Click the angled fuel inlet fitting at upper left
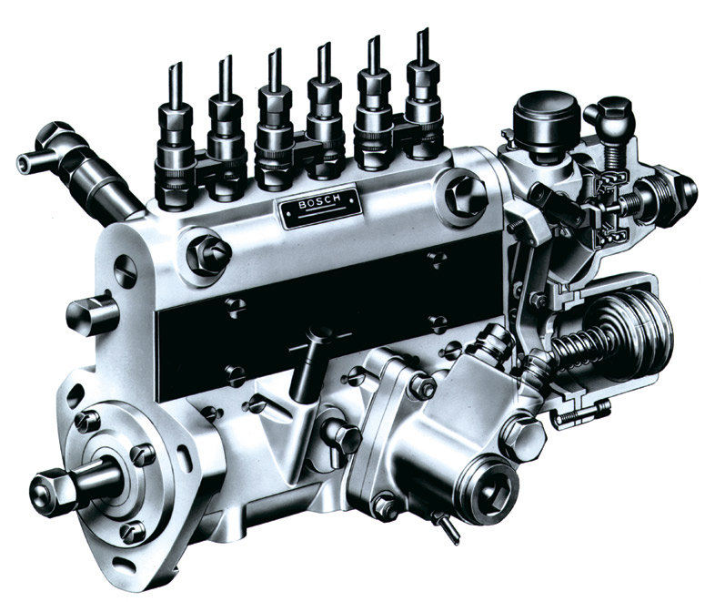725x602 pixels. pyautogui.click(x=78, y=169)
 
